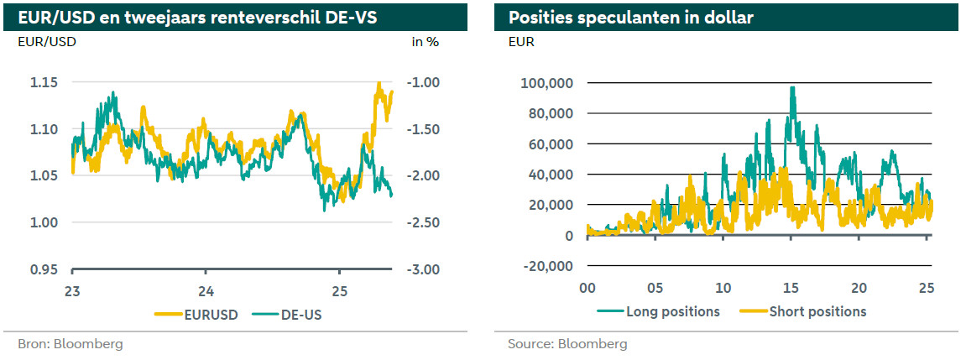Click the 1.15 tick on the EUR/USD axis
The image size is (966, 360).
(x=44, y=82)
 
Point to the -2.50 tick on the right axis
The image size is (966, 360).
(x=422, y=222)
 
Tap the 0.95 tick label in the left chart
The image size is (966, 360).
(x=44, y=269)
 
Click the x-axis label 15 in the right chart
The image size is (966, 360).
(x=791, y=288)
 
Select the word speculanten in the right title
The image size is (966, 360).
(x=616, y=17)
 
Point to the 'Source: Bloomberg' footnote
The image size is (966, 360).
(x=567, y=344)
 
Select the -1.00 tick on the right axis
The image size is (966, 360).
(x=422, y=82)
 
